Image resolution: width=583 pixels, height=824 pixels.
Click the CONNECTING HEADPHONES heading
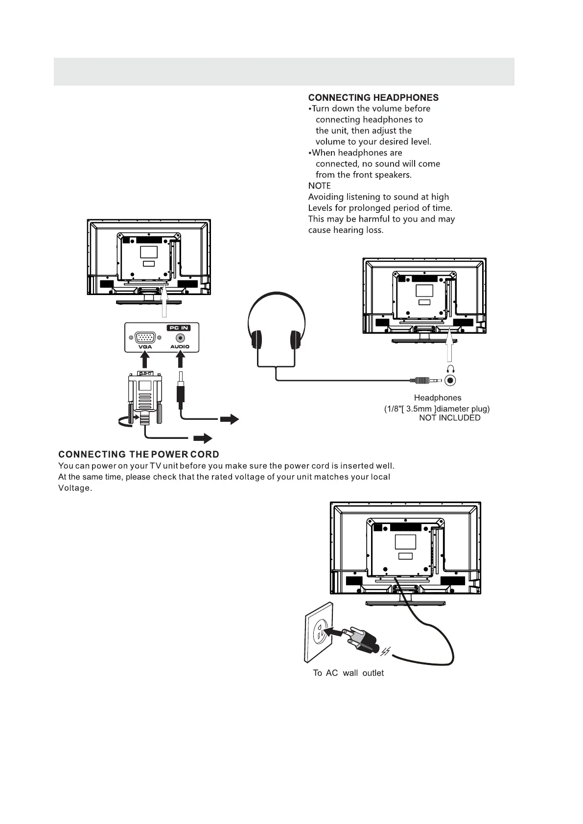(x=373, y=98)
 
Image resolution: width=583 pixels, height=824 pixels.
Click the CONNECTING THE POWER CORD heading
(x=139, y=455)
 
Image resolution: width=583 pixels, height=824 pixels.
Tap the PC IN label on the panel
(x=178, y=328)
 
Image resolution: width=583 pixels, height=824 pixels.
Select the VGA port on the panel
(x=145, y=338)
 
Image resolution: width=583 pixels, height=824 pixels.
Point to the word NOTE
(x=319, y=186)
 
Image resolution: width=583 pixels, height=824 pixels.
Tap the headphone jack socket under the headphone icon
(x=451, y=380)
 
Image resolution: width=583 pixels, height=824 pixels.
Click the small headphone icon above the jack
(x=451, y=368)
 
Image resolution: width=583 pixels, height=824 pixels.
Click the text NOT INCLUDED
(x=449, y=418)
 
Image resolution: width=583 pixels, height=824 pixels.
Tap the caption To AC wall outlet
(x=348, y=673)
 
